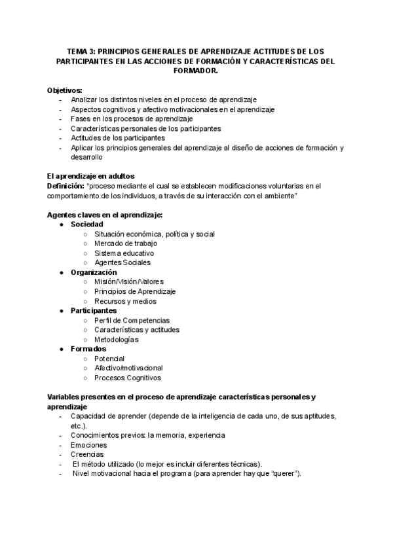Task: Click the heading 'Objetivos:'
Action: click(65, 90)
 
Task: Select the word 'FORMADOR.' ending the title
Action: click(196, 71)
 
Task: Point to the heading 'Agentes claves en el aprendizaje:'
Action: click(105, 215)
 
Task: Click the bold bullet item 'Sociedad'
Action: click(87, 224)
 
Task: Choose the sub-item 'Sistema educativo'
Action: click(124, 253)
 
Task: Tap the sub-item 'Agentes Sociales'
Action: click(122, 262)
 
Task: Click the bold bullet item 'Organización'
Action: click(94, 272)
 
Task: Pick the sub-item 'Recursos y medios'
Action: click(125, 301)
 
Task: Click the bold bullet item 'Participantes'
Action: click(94, 311)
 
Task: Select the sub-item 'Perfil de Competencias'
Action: click(132, 321)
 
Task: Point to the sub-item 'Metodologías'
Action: click(116, 340)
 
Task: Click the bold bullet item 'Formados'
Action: click(89, 349)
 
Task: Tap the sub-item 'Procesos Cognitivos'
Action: click(127, 378)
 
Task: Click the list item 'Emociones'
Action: click(88, 444)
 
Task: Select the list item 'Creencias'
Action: click(86, 454)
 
